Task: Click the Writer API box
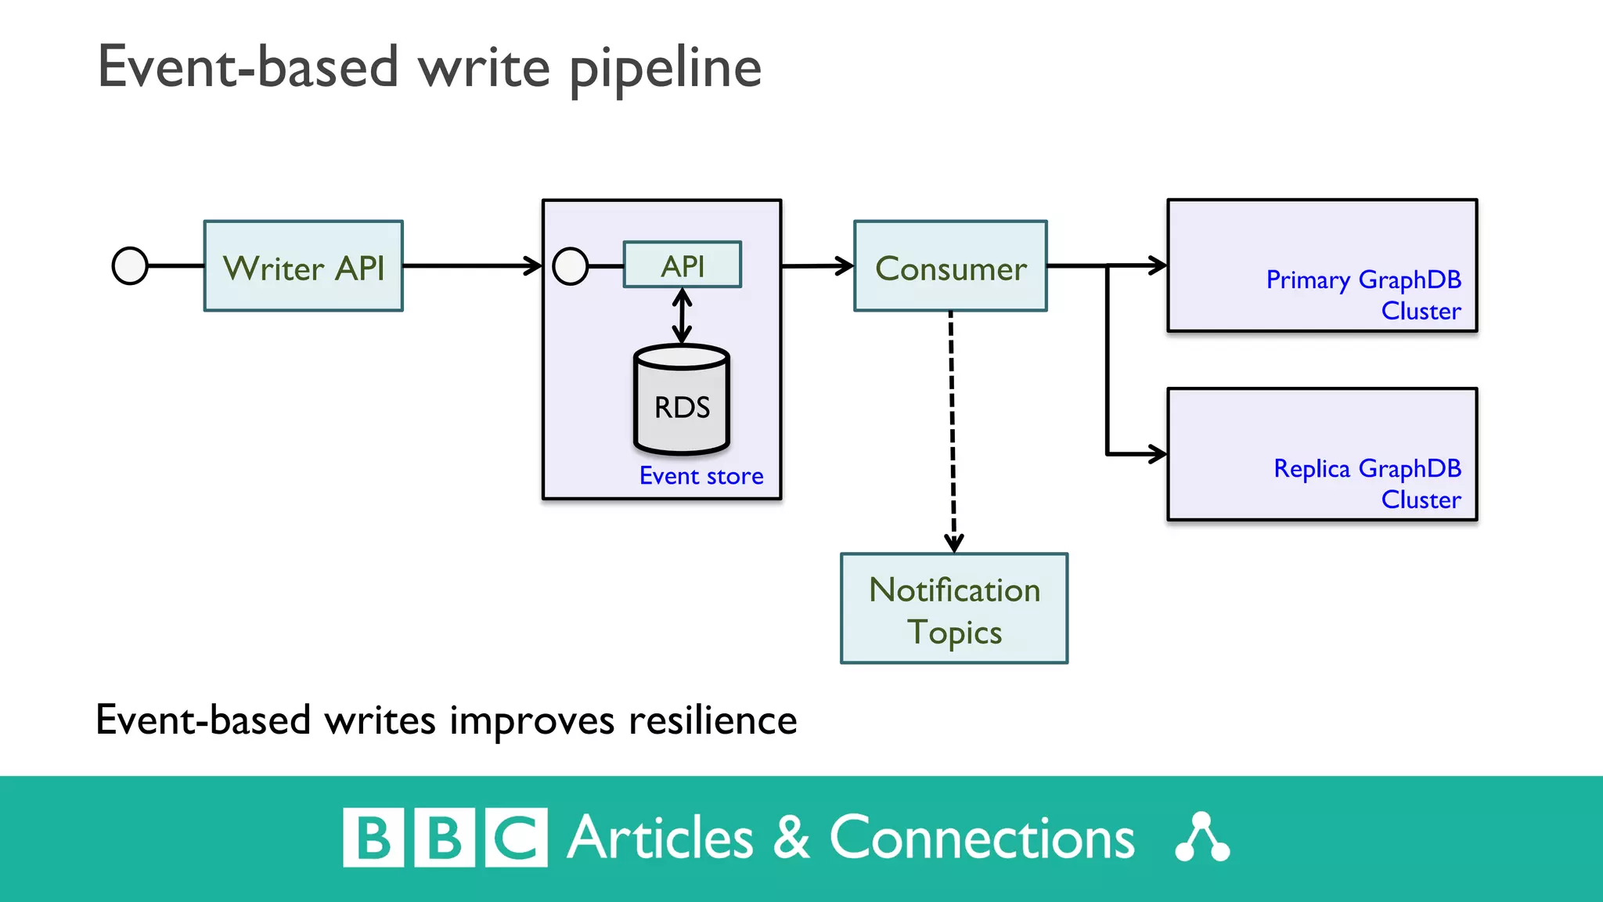tap(304, 266)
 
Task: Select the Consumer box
tap(950, 266)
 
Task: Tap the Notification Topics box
tap(954, 609)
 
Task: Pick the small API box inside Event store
tap(682, 265)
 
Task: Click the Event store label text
tap(701, 476)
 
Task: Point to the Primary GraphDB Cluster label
tap(1363, 294)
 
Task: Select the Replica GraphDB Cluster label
tap(1367, 483)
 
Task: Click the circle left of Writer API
tap(130, 266)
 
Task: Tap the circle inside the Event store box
tap(571, 266)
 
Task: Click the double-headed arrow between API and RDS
tap(682, 316)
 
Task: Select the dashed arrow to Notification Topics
tap(952, 431)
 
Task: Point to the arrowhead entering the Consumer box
tap(845, 266)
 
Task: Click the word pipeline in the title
tap(665, 69)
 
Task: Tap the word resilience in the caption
tap(712, 720)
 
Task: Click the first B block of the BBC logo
tap(373, 838)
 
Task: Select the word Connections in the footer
tap(982, 839)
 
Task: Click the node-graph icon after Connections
tap(1202, 838)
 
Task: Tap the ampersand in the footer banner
tap(791, 838)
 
